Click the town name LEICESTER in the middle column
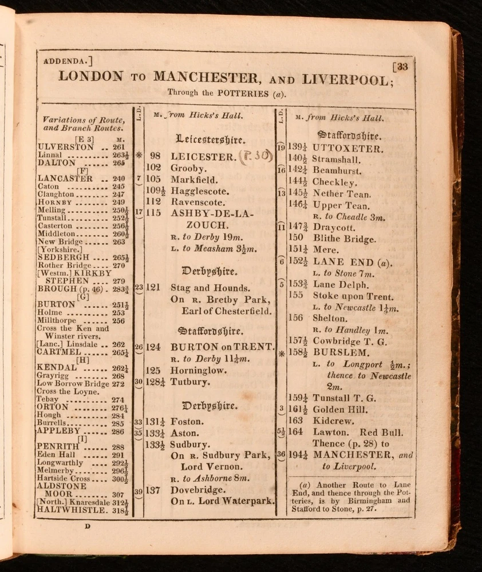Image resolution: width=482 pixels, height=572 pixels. click(203, 156)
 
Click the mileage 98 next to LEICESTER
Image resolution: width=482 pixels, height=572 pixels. click(155, 156)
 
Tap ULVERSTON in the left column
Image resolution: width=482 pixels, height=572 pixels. click(65, 147)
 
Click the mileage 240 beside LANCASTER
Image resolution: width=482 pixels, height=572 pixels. click(118, 178)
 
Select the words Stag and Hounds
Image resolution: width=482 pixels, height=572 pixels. click(210, 288)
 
